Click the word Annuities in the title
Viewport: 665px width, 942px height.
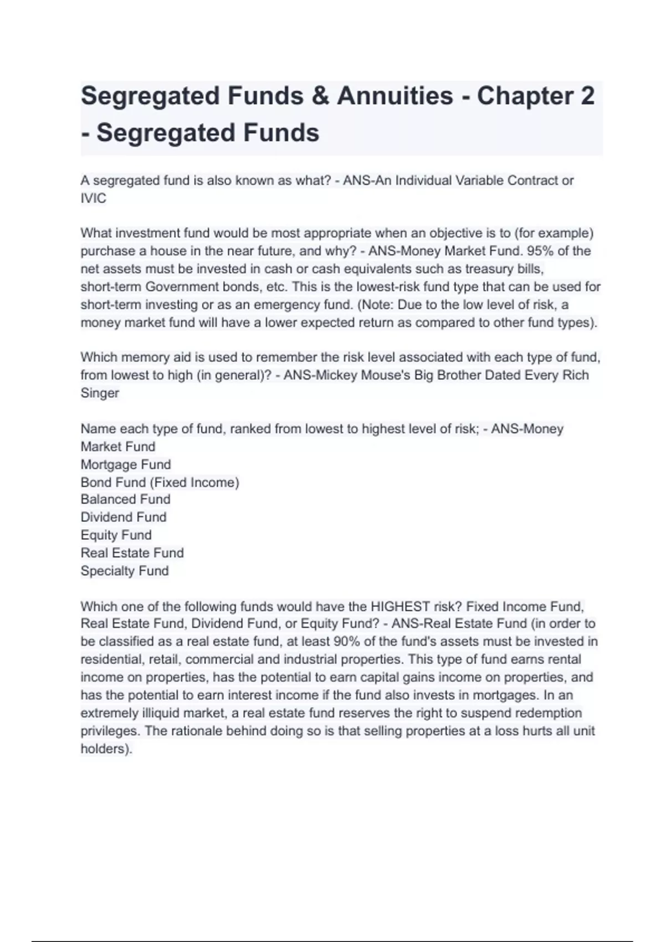pyautogui.click(x=395, y=96)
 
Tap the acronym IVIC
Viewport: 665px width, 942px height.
pyautogui.click(x=93, y=198)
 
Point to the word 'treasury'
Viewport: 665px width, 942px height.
pyautogui.click(x=489, y=269)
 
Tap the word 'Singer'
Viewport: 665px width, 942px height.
pyautogui.click(x=100, y=393)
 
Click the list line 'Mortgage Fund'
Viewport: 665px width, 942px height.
pyautogui.click(x=126, y=464)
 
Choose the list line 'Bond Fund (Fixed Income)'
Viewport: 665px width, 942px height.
pyautogui.click(x=160, y=482)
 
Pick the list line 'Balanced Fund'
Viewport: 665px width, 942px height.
pyautogui.click(x=125, y=499)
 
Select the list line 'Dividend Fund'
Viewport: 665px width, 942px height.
pyautogui.click(x=123, y=517)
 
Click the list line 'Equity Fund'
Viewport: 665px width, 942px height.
pyautogui.click(x=116, y=535)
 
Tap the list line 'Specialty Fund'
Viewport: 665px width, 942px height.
pyautogui.click(x=124, y=571)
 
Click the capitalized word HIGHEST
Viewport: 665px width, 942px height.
pyautogui.click(x=401, y=606)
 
